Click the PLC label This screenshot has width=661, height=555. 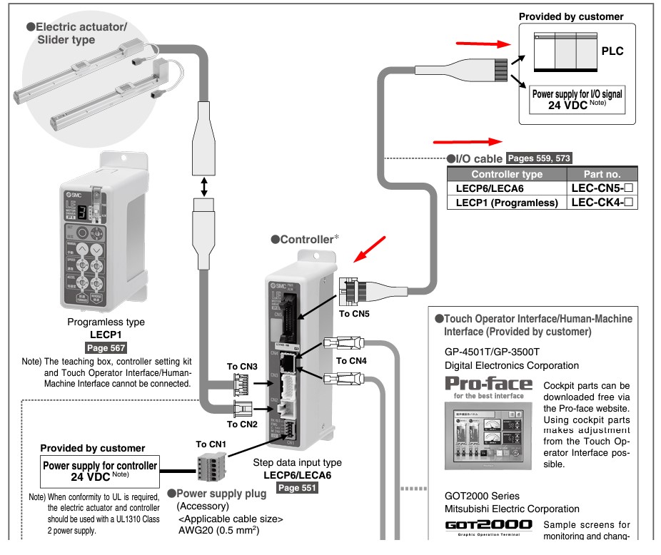pos(612,52)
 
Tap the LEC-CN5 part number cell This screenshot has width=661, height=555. pos(602,188)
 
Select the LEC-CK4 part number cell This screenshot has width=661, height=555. pos(602,203)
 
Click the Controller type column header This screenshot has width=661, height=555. pos(506,174)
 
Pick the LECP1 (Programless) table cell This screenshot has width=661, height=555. pos(506,203)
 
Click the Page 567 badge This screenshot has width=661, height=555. pos(105,348)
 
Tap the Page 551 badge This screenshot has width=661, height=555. pos(297,488)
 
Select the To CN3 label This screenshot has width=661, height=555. pos(242,366)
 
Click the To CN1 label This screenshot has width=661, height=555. pos(211,444)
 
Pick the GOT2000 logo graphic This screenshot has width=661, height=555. pos(488,525)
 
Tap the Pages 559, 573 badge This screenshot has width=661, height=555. pos(538,158)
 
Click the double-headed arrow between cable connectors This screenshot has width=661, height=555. pos(205,188)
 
